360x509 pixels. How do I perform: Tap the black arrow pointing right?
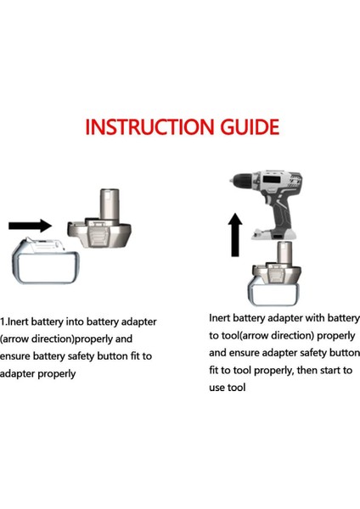(x=30, y=226)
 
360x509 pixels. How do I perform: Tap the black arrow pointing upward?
(x=236, y=235)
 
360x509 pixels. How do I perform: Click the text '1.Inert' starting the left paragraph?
(x=16, y=323)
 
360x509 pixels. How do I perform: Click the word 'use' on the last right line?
(x=220, y=388)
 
